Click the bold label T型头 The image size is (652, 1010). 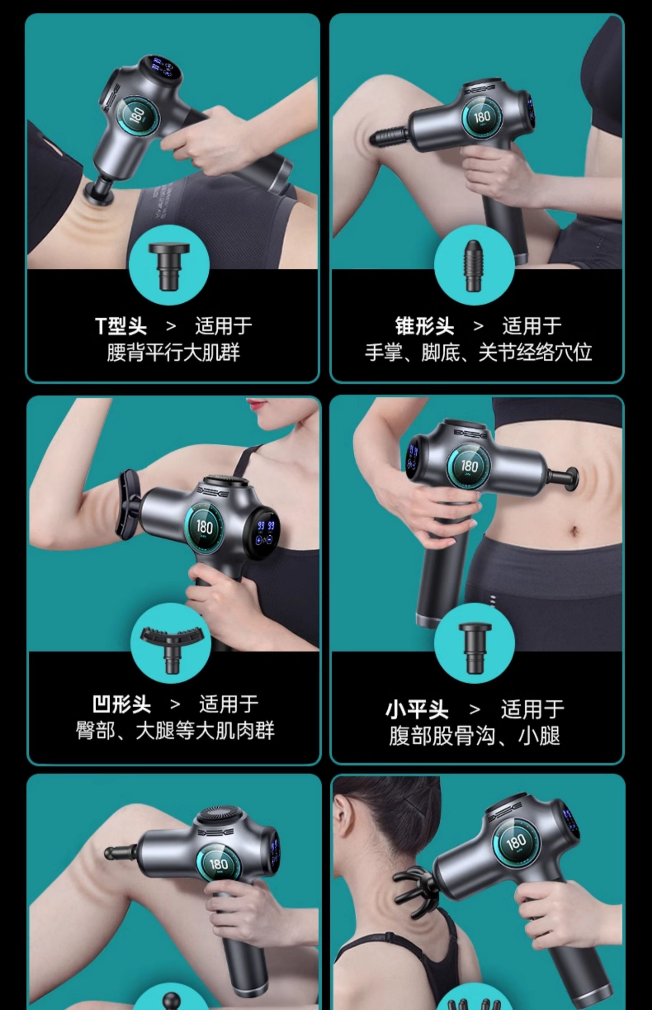pyautogui.click(x=121, y=326)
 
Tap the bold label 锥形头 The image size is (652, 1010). pyautogui.click(x=424, y=326)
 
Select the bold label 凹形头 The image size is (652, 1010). pyautogui.click(x=122, y=705)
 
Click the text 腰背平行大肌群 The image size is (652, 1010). pyautogui.click(x=173, y=352)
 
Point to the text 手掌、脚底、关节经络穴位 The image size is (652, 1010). pyautogui.click(x=478, y=352)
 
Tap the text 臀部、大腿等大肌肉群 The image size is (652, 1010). pyautogui.click(x=175, y=731)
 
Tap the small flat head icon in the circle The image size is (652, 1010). pyautogui.click(x=475, y=648)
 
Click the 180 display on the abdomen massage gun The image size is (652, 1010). pyautogui.click(x=469, y=466)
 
